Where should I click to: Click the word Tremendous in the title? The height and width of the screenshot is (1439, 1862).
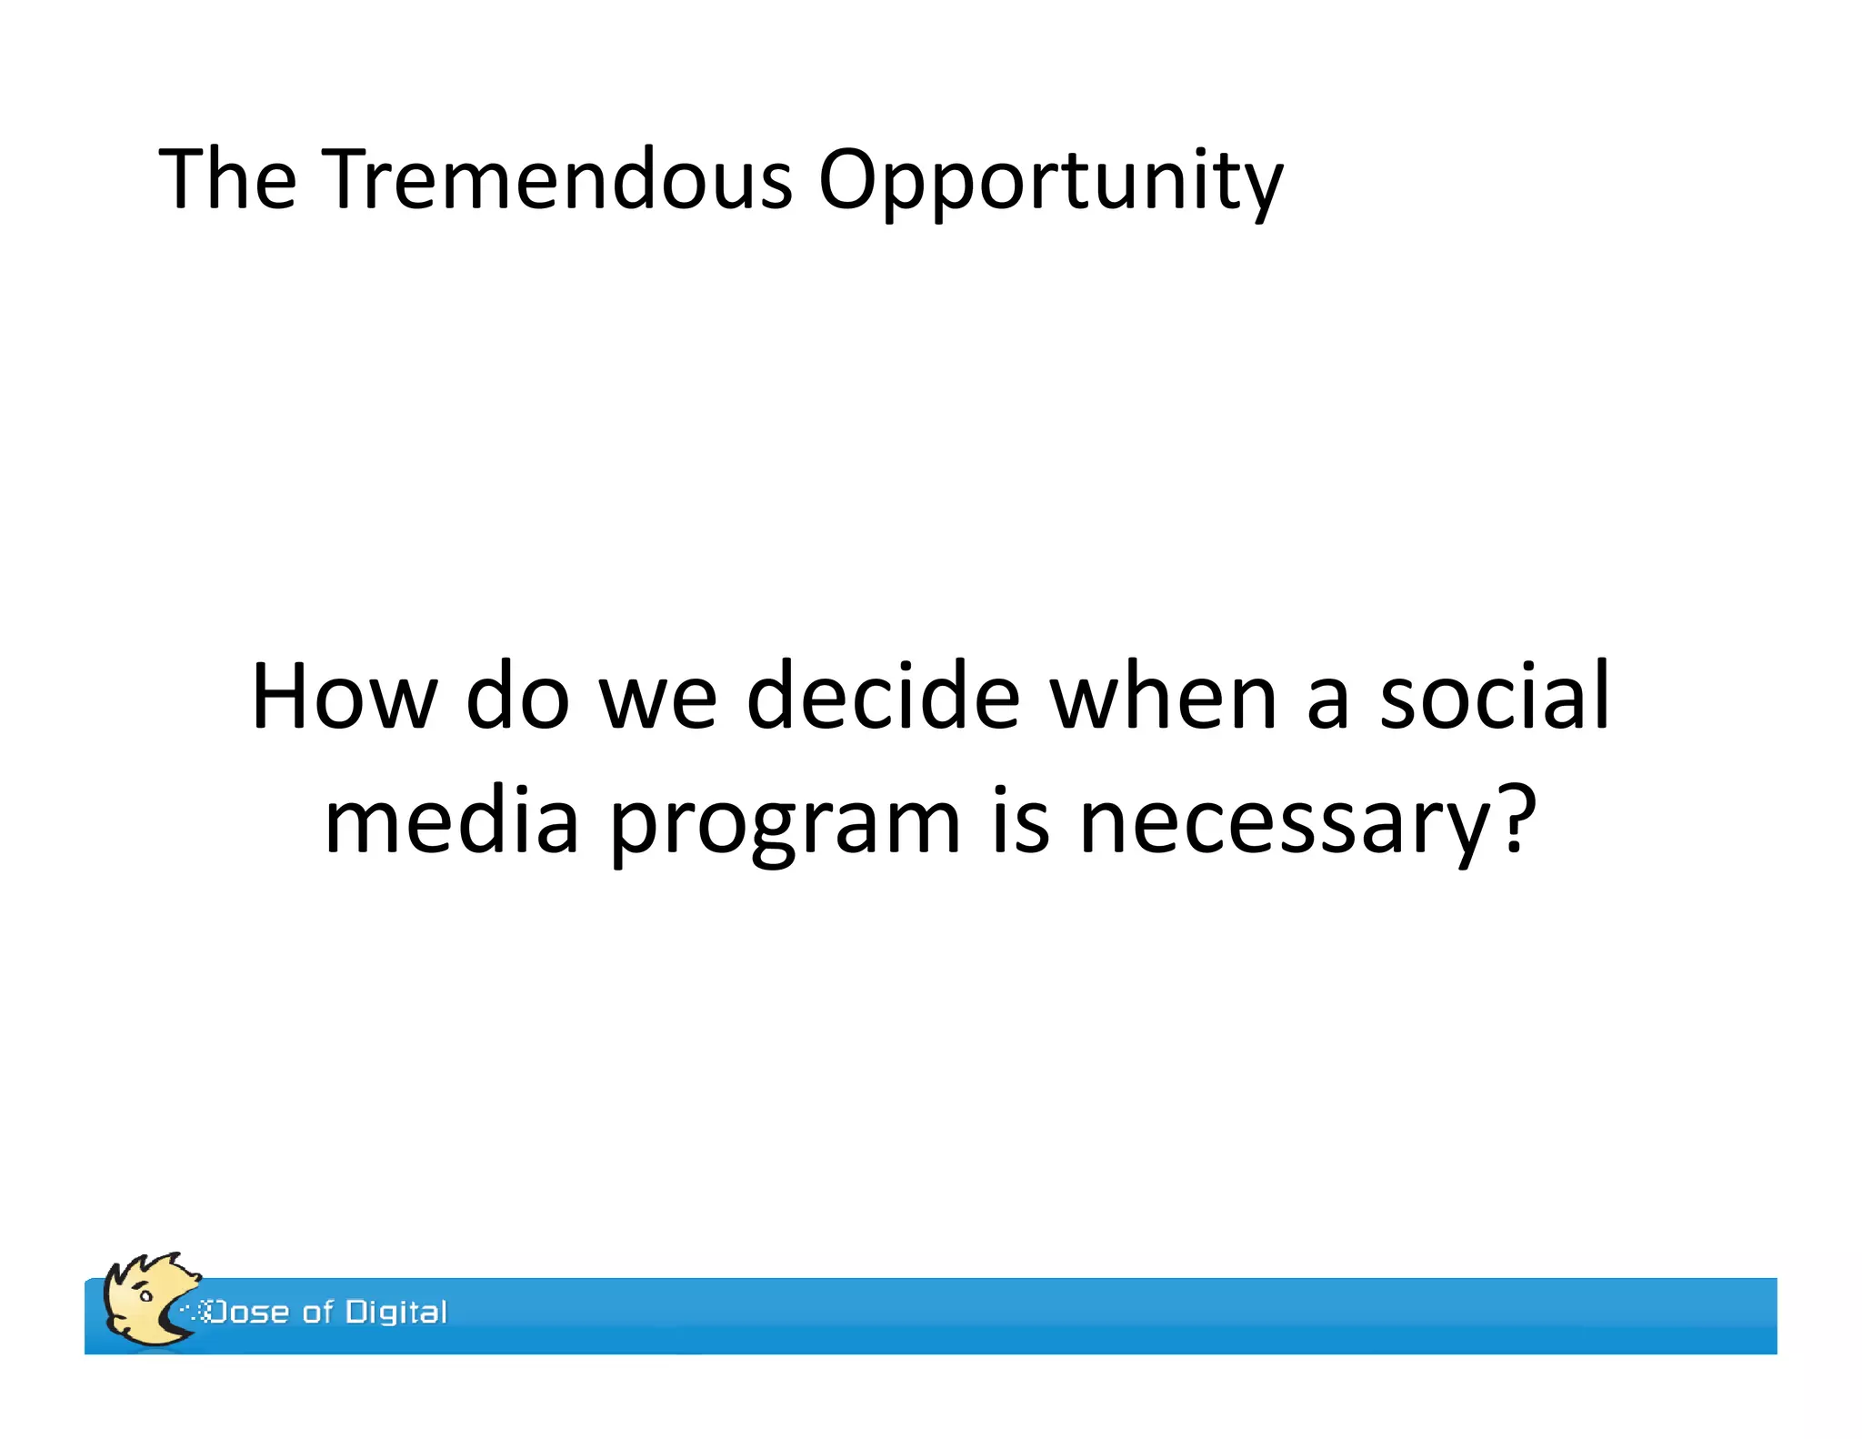[x=556, y=179]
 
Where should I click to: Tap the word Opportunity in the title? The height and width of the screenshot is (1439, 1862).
[x=1049, y=182]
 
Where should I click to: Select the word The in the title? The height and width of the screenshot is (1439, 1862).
[x=227, y=179]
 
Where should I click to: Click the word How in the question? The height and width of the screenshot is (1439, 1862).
[x=343, y=697]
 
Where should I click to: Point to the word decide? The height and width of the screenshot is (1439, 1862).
[x=883, y=697]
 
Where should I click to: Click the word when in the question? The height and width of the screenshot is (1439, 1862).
[x=1163, y=697]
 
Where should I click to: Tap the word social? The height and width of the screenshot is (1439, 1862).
[x=1494, y=697]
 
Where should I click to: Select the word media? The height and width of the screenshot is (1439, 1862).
[x=451, y=821]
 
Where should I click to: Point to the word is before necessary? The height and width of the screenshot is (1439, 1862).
[x=1019, y=821]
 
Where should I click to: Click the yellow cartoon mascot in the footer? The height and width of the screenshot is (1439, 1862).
[x=145, y=1299]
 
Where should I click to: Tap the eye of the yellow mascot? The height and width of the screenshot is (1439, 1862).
[x=145, y=1295]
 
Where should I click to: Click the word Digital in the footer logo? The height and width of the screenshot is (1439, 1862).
[x=396, y=1312]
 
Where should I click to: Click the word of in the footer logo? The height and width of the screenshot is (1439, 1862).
[x=318, y=1312]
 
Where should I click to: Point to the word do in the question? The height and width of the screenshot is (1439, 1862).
[x=517, y=697]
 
